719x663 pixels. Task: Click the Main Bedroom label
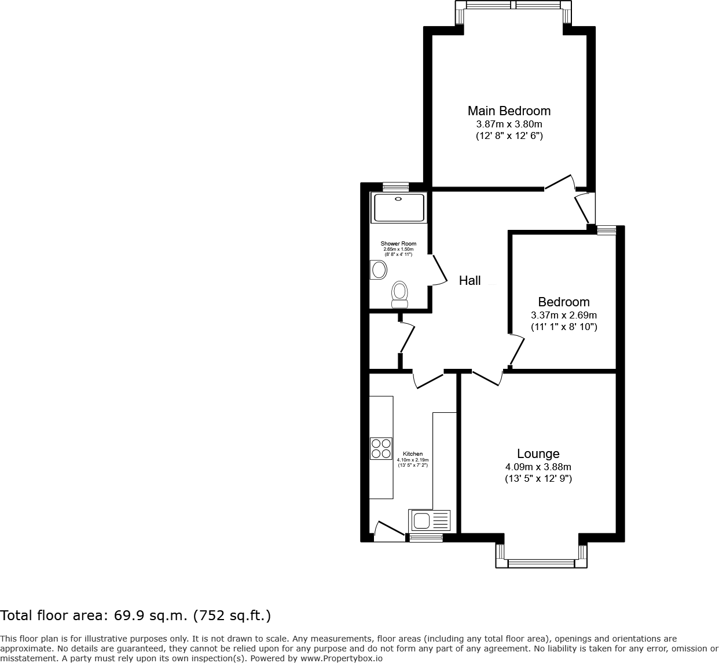[509, 111]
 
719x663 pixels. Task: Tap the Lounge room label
[538, 454]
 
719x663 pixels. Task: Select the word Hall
[469, 281]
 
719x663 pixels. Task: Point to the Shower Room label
[398, 244]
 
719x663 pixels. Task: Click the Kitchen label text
[413, 454]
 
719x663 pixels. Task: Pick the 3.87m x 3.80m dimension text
[509, 124]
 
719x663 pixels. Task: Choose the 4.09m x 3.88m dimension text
[538, 467]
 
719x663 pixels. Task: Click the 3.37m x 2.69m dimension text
[563, 316]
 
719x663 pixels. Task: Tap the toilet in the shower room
[399, 294]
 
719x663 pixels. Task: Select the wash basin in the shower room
[379, 270]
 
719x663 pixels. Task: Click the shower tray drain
[398, 199]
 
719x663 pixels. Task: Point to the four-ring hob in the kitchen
[381, 449]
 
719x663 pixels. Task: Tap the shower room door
[439, 270]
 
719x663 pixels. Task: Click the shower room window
[396, 186]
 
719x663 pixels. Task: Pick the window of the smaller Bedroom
[606, 230]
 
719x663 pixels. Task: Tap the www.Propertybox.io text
[342, 658]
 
